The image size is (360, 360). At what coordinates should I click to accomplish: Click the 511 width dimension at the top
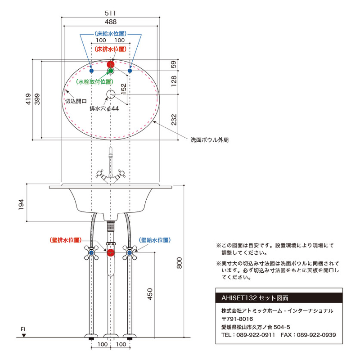point(110,13)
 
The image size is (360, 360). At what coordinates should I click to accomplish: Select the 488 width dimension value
point(111,22)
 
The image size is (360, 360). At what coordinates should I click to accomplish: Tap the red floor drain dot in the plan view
point(111,64)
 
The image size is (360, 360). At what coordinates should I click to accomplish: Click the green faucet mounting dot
point(111,71)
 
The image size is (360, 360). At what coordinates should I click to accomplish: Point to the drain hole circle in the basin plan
point(111,94)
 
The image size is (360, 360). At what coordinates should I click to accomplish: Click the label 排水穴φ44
point(104,108)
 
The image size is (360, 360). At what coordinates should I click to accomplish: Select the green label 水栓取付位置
point(94,82)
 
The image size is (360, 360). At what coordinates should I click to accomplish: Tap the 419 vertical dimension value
point(28,99)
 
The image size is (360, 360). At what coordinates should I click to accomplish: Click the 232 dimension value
point(174,120)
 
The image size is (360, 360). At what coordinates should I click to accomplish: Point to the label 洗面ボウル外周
point(209,140)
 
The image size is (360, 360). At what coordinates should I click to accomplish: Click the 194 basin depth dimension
point(21,204)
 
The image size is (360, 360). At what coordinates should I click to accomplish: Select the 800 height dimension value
point(179,263)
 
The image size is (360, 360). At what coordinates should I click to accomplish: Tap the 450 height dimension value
point(150,294)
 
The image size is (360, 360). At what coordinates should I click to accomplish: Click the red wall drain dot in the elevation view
point(111,252)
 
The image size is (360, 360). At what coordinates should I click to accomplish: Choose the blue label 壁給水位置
point(155,240)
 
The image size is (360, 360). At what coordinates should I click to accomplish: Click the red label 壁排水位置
point(66,240)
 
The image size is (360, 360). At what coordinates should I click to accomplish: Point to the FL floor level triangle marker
point(24,335)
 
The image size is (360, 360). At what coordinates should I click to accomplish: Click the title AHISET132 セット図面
point(255,298)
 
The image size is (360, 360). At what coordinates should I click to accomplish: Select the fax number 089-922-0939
point(316,335)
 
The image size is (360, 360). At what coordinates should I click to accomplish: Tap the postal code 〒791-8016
point(237,319)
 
